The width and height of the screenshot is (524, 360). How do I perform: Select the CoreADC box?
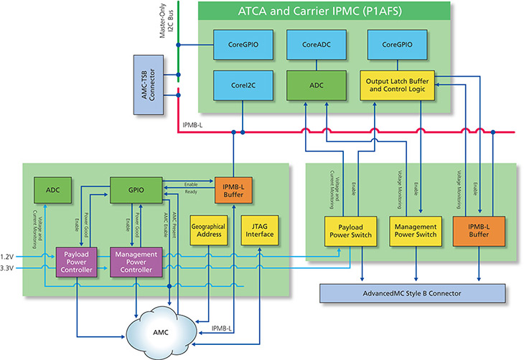[x=307, y=44]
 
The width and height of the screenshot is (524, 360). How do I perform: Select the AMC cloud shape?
[x=164, y=332]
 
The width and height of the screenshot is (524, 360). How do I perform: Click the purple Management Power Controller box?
[x=136, y=260]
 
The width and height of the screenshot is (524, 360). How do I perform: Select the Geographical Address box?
[x=209, y=230]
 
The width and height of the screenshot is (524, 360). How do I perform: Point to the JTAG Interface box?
[x=258, y=230]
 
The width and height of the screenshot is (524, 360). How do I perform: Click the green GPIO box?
[x=134, y=191]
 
